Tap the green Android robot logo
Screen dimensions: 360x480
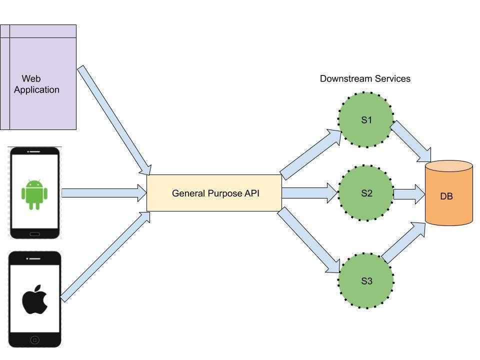pyautogui.click(x=34, y=194)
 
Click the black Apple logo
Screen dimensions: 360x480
pyautogui.click(x=34, y=300)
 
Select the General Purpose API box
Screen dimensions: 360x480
pyautogui.click(x=214, y=193)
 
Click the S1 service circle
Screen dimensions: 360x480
pyautogui.click(x=366, y=120)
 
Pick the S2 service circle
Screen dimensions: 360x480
pyautogui.click(x=366, y=193)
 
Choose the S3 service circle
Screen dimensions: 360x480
pyautogui.click(x=366, y=281)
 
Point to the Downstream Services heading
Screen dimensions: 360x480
pyautogui.click(x=365, y=78)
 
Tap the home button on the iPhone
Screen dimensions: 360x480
pyautogui.click(x=34, y=340)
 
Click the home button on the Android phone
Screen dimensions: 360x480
pyautogui.click(x=34, y=233)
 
